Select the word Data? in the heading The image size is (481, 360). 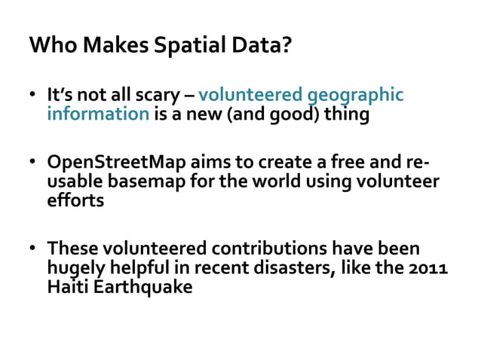tap(265, 46)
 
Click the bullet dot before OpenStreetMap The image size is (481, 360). tap(34, 165)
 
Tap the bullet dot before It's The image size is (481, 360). tap(34, 97)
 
